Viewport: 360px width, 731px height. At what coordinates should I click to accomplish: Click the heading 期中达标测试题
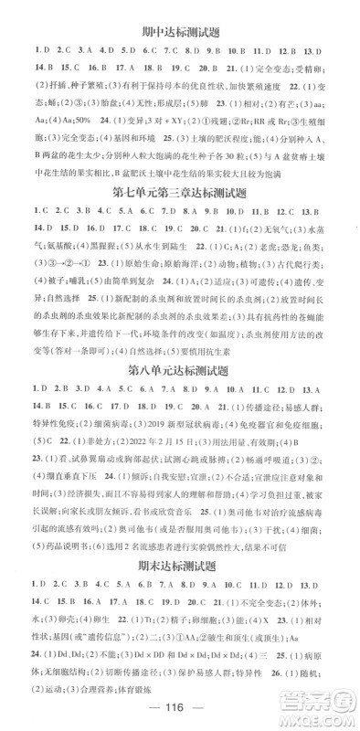180,30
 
